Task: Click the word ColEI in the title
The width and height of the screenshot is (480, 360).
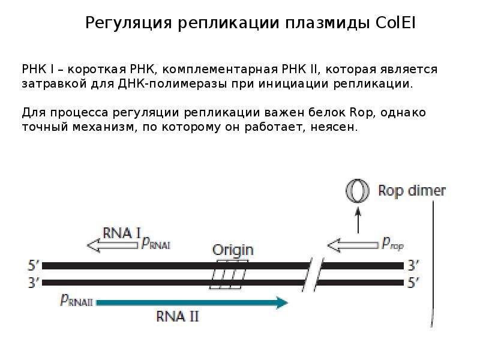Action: point(396,23)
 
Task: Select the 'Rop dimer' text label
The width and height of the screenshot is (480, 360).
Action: point(412,191)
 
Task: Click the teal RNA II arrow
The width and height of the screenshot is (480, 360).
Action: point(192,303)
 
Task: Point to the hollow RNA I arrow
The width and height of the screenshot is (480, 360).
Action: point(112,244)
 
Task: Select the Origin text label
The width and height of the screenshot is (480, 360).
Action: point(233,250)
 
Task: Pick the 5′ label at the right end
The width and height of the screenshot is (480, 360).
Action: point(413,282)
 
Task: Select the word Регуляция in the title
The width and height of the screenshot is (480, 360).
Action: point(128,23)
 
